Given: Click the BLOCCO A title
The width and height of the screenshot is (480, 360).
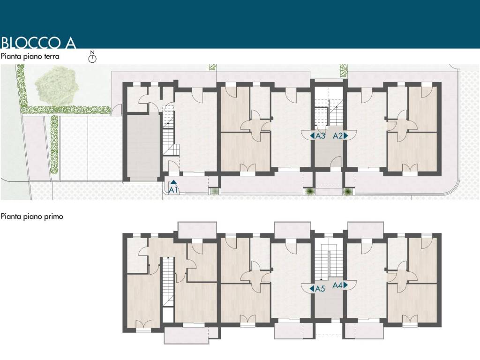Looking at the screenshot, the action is coord(38,43).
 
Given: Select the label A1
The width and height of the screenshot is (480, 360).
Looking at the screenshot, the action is coord(173,190).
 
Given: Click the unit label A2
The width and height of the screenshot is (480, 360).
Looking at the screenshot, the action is coord(337,135).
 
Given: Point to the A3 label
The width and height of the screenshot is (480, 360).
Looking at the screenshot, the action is coord(320,135).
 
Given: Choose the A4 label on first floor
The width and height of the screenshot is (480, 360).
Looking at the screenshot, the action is coord(337,285).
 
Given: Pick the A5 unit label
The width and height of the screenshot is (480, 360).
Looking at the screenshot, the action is coord(320,288).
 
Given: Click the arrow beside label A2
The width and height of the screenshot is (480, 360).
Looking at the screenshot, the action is coord(346,135).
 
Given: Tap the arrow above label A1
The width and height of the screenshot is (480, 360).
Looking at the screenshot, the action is coord(173,182).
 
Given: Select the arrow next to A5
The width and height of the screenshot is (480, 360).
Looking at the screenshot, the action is coord(312,288).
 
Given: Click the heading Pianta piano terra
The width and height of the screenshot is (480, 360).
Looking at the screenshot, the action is coord(30,56).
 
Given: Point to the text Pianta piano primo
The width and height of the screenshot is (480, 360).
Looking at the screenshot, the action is coord(32,217).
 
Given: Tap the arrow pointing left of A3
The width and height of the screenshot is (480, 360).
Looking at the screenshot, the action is coord(312,135).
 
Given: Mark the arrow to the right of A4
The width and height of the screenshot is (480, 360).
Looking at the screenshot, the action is coord(346,285).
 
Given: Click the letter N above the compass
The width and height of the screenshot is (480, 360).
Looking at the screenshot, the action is coord(92,52).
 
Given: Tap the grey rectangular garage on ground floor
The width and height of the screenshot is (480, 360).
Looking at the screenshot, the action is coord(143,144).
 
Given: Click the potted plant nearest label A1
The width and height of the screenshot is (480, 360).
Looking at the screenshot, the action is coord(215,191).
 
